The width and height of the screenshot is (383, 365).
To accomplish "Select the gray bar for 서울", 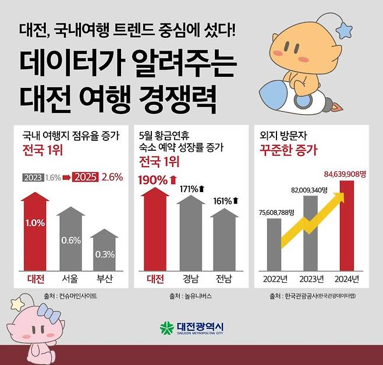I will (x=70, y=242).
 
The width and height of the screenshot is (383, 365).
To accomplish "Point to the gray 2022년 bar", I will (x=274, y=244).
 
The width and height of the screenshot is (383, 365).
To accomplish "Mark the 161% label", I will (x=223, y=201).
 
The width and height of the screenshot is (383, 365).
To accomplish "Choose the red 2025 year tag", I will (x=85, y=178).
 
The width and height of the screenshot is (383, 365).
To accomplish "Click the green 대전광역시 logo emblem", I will (x=166, y=328).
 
